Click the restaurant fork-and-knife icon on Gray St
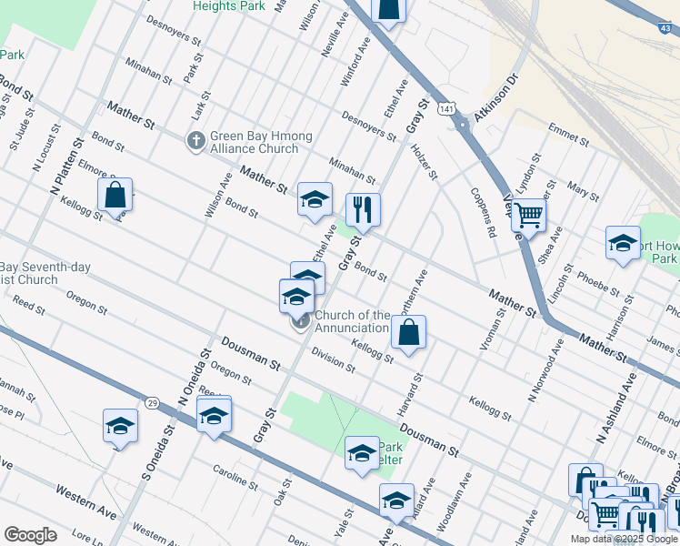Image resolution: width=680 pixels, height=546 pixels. (x=364, y=210)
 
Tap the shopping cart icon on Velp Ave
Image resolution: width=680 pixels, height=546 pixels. (x=528, y=215)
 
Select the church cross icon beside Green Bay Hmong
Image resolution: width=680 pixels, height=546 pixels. (x=195, y=141)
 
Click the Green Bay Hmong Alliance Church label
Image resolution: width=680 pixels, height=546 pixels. (x=261, y=142)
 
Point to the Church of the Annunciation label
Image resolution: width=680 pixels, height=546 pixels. (x=352, y=321)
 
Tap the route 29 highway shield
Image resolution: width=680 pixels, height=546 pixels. (x=151, y=402)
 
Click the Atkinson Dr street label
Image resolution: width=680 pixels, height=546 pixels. (x=493, y=96)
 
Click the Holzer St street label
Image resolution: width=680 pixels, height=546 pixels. (x=425, y=161)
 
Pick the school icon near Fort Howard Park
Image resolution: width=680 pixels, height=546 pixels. (x=623, y=243)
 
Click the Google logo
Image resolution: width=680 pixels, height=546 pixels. (x=31, y=535)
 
